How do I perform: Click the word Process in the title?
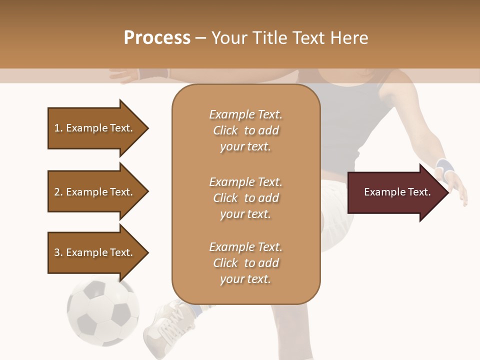[x=157, y=37]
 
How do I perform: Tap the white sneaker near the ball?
[x=167, y=322]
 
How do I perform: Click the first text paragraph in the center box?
[x=245, y=130]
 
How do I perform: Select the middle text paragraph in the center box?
[x=245, y=198]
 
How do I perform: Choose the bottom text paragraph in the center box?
[x=245, y=263]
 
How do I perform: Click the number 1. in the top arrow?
[x=58, y=128]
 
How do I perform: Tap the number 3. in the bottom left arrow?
[x=58, y=252]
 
